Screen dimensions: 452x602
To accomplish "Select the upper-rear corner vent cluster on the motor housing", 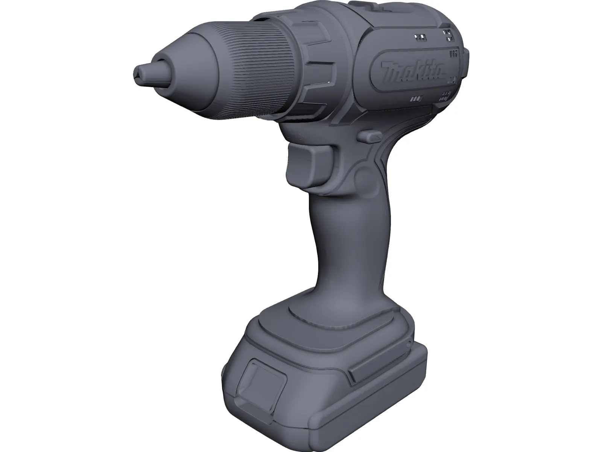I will point(448,35).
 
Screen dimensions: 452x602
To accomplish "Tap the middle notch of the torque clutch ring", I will point(320,72).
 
